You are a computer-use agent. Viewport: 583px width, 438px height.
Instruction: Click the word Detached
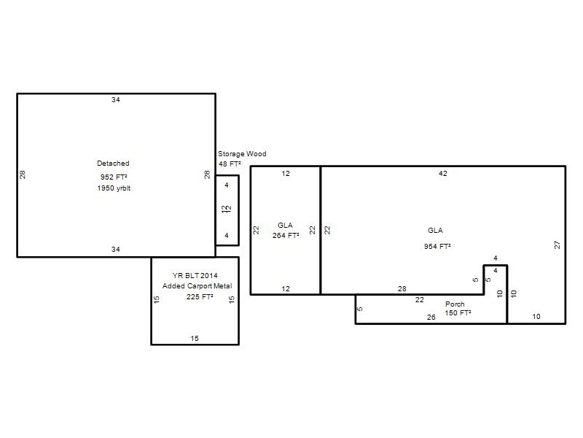coord(113,163)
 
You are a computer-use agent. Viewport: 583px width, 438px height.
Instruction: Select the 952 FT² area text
coord(114,177)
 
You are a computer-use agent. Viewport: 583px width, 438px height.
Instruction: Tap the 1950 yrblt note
coord(114,188)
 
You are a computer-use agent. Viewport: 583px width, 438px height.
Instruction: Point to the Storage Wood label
coord(242,154)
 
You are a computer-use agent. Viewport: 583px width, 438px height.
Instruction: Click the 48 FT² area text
coord(230,164)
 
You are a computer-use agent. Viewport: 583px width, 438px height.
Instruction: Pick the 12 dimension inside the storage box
coord(227,210)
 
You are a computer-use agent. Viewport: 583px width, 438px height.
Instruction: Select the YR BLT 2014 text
coord(195,276)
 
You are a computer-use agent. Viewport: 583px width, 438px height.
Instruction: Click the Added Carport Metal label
coord(197,286)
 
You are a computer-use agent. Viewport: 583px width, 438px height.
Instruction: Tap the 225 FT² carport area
coord(200,297)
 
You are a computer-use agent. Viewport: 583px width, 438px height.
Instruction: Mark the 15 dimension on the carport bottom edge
coord(195,339)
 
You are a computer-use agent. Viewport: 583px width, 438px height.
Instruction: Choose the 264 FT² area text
coord(286,235)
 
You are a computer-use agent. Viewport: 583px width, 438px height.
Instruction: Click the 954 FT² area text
coord(437,246)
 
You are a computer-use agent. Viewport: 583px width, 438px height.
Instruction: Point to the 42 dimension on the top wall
coord(443,174)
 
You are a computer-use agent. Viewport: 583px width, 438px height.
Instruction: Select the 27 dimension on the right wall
coord(557,245)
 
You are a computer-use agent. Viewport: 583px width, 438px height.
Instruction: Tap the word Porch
coord(455,304)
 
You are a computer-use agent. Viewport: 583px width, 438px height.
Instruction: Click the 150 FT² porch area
coord(458,313)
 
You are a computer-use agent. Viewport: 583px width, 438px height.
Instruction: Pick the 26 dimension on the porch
coord(431,318)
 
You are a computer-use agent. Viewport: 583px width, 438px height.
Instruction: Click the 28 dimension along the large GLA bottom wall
coord(402,288)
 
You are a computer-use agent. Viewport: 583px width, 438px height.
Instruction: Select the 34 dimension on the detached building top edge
coord(116,100)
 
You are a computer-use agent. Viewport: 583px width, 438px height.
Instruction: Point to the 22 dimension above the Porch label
coord(420,300)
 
